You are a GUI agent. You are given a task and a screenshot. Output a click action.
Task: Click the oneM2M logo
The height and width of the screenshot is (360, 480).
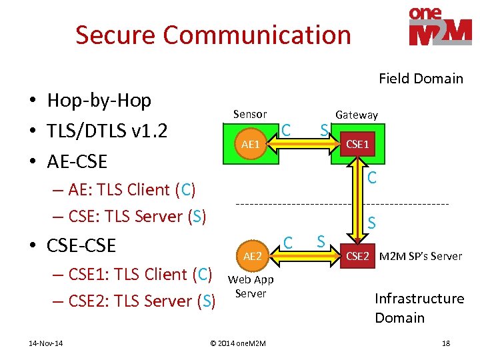pyautogui.click(x=440, y=27)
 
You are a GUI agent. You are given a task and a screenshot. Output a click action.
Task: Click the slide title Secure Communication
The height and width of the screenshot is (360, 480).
pyautogui.click(x=213, y=35)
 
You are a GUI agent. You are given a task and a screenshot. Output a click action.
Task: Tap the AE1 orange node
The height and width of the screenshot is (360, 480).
pyautogui.click(x=251, y=144)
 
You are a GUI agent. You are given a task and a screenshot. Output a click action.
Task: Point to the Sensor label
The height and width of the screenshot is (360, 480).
pyautogui.click(x=250, y=114)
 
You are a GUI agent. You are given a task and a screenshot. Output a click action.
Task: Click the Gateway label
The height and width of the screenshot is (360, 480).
pyautogui.click(x=356, y=115)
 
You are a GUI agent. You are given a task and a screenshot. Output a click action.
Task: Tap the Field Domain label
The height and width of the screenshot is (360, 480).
pyautogui.click(x=421, y=79)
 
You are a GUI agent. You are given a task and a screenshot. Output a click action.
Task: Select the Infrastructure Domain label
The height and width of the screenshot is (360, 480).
pyautogui.click(x=419, y=307)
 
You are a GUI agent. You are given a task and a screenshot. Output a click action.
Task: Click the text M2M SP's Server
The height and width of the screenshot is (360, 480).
pyautogui.click(x=420, y=256)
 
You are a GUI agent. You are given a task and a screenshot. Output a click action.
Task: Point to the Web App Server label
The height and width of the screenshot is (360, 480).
pyautogui.click(x=251, y=287)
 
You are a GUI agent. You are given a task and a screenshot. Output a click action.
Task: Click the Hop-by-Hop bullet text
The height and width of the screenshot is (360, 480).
pyautogui.click(x=99, y=101)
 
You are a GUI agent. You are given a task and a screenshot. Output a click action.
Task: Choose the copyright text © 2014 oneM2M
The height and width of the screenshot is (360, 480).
pyautogui.click(x=237, y=343)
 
